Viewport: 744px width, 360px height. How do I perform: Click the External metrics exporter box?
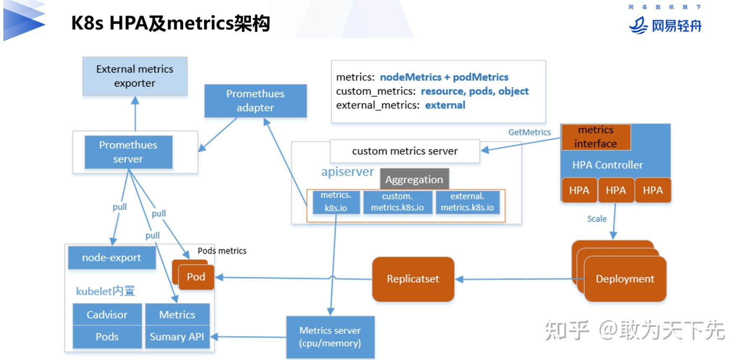pos(135,76)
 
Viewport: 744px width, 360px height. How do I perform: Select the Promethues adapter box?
pos(255,101)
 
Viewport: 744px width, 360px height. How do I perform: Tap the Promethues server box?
pos(128,152)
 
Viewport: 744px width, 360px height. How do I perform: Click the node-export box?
pos(112,258)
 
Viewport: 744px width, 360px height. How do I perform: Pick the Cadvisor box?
pos(107,315)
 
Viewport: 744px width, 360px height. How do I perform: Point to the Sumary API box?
pos(177,337)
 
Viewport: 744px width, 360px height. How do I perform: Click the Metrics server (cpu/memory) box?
pos(330,337)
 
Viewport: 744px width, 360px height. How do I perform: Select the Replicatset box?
pos(413,279)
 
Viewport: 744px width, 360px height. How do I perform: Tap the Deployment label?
pos(625,279)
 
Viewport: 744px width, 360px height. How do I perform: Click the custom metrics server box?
pos(405,151)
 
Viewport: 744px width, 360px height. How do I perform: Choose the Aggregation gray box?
pos(414,180)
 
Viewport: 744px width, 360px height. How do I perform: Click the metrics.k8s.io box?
pos(336,202)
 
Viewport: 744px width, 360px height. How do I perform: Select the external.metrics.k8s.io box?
pos(467,202)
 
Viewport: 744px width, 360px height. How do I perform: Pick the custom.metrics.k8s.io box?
pos(397,202)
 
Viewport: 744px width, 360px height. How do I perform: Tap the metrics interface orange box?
pos(596,137)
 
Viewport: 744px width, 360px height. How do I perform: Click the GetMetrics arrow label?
pos(529,132)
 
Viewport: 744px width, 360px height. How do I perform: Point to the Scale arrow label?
pos(597,219)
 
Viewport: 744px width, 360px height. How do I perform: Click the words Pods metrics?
pos(222,251)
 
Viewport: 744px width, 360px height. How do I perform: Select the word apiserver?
pos(347,172)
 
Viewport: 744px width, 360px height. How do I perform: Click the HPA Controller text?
pos(607,165)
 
